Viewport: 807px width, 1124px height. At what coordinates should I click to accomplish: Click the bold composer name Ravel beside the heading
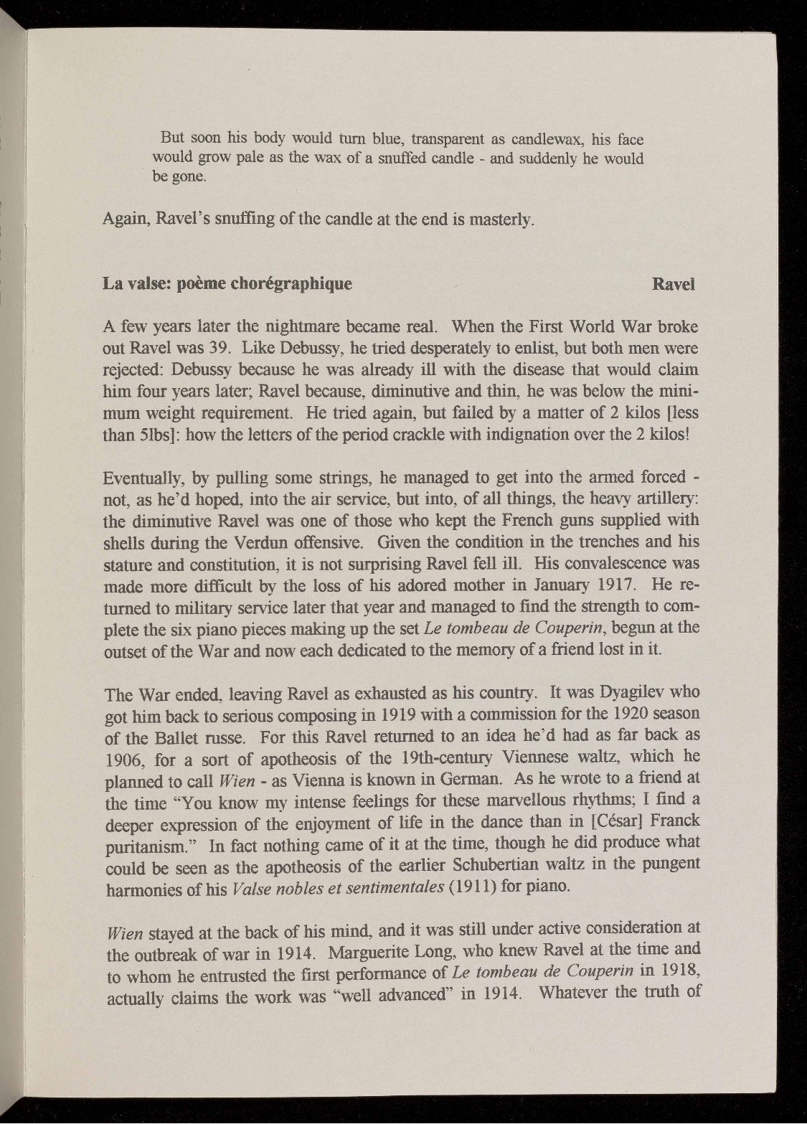pyautogui.click(x=674, y=283)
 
